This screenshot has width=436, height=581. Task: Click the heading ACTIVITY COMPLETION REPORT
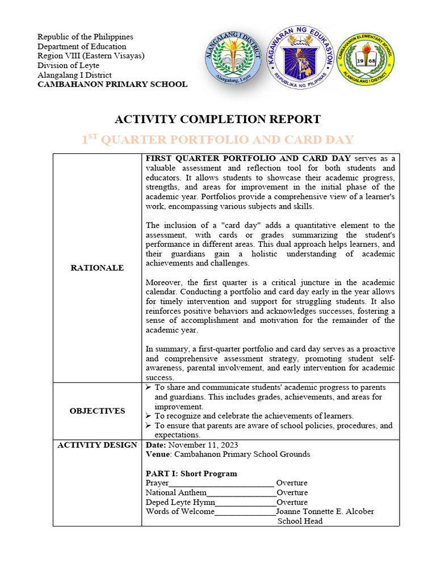(x=217, y=119)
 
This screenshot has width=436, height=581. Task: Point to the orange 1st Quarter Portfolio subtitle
(x=217, y=140)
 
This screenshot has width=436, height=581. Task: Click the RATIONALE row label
(x=97, y=268)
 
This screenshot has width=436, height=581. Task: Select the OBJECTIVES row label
(x=97, y=411)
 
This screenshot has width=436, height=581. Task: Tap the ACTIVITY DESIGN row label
(x=97, y=445)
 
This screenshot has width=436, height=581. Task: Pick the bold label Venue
(x=158, y=454)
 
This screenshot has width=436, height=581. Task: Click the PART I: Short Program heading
(x=191, y=473)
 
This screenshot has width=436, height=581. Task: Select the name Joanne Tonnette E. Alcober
(x=325, y=511)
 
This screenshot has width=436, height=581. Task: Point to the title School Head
(x=300, y=521)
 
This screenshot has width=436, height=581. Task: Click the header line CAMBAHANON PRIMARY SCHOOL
(x=112, y=85)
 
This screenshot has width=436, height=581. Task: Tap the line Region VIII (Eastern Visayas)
(x=91, y=56)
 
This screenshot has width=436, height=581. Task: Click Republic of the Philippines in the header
(x=85, y=37)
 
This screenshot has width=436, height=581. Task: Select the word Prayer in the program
(x=157, y=483)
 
